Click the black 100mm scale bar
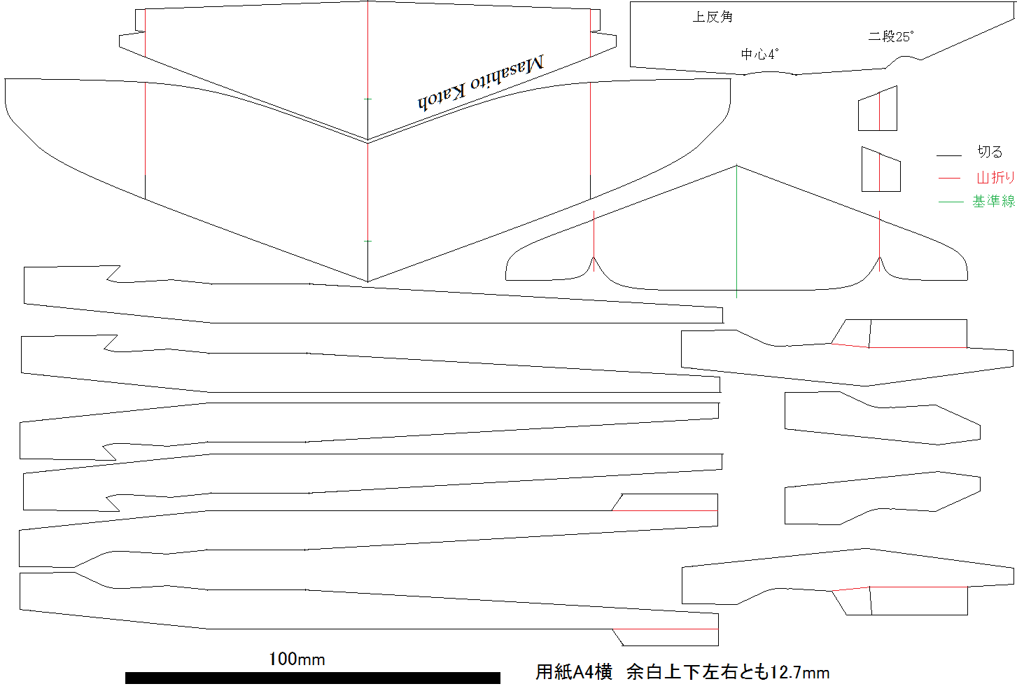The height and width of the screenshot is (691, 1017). coord(312,678)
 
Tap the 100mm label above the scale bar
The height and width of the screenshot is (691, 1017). coord(297,659)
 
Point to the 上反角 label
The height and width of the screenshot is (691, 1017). coord(713,17)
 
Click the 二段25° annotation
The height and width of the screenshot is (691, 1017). coord(891,36)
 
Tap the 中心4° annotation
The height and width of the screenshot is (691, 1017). coord(759,55)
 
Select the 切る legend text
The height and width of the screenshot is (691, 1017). coord(990,152)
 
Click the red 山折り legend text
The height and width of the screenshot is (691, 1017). coord(995,178)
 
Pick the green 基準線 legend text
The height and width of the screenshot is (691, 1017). coord(993,201)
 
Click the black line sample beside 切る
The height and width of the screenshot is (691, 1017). coord(949,155)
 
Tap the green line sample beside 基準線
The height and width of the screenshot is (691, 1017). coord(951,202)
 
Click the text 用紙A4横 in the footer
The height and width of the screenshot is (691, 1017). coord(574,672)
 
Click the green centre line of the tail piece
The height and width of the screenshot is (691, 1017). coord(736,232)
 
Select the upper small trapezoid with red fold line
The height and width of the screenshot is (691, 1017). coord(878,109)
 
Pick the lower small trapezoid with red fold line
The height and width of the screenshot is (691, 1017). coord(881,169)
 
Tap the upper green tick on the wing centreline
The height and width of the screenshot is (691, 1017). coord(367,99)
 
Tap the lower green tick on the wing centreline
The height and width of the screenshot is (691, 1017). coord(367,241)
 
